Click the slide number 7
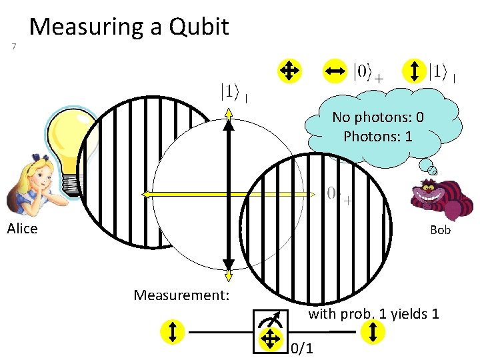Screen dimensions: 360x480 [14, 46]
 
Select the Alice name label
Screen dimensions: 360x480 [22, 229]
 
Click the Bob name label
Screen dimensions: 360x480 [440, 230]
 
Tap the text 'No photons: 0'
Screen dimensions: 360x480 [378, 117]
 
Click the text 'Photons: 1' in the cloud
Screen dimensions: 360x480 [378, 137]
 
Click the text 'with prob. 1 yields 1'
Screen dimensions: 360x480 [373, 313]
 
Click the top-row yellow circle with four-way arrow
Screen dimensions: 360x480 [289, 70]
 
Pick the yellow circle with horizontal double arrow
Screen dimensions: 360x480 [335, 70]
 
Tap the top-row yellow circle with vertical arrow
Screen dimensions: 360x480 [415, 70]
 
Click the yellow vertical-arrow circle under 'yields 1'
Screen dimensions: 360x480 [373, 331]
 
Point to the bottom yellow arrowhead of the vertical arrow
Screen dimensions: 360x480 [229, 275]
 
